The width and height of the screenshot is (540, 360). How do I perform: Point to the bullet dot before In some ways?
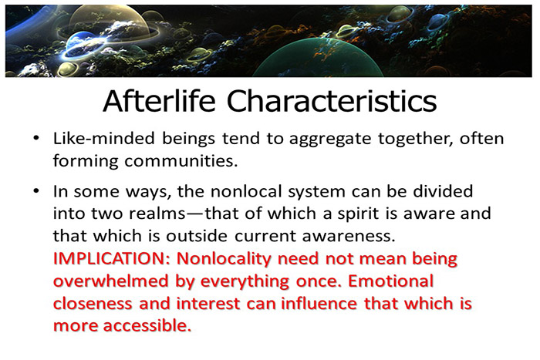click(x=37, y=191)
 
